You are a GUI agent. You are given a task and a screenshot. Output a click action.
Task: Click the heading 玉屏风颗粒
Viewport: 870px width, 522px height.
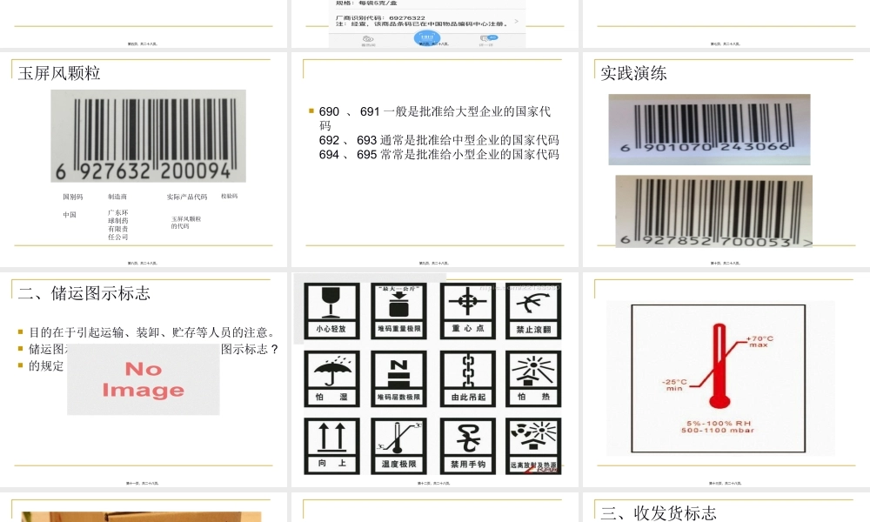59,73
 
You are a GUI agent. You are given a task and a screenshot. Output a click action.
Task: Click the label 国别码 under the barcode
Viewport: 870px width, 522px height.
73,197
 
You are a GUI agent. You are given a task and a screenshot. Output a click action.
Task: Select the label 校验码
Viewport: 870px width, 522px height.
229,197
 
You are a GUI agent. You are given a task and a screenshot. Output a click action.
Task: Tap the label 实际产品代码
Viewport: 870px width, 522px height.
187,197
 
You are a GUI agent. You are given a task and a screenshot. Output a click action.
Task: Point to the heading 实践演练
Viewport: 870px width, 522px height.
633,73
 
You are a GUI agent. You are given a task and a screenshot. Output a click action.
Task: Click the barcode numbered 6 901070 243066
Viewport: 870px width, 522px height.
709,129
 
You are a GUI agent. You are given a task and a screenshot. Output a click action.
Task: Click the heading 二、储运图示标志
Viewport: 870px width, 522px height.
84,293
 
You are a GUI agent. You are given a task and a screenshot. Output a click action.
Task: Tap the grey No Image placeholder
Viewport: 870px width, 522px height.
143,380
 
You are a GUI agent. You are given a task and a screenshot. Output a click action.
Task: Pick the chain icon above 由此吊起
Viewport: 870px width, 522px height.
467,370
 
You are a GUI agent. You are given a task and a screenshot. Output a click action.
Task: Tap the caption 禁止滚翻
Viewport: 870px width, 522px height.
535,330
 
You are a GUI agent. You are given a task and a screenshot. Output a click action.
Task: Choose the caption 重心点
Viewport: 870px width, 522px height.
467,330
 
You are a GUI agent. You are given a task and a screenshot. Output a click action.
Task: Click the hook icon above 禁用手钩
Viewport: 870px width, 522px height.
467,437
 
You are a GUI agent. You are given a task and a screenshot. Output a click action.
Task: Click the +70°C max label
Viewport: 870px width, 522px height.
760,340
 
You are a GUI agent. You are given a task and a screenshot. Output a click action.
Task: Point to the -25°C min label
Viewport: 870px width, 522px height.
675,385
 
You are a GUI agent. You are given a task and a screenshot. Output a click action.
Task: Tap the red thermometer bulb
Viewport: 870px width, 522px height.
719,399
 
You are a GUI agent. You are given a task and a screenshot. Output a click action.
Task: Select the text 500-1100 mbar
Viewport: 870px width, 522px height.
719,431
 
